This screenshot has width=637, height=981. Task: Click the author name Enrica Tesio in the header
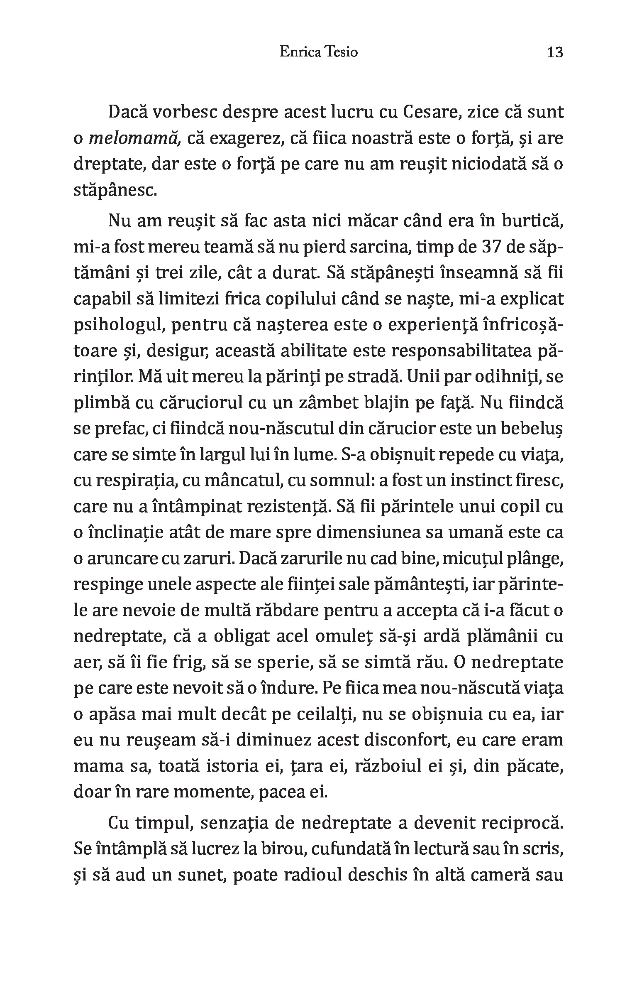(x=319, y=53)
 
